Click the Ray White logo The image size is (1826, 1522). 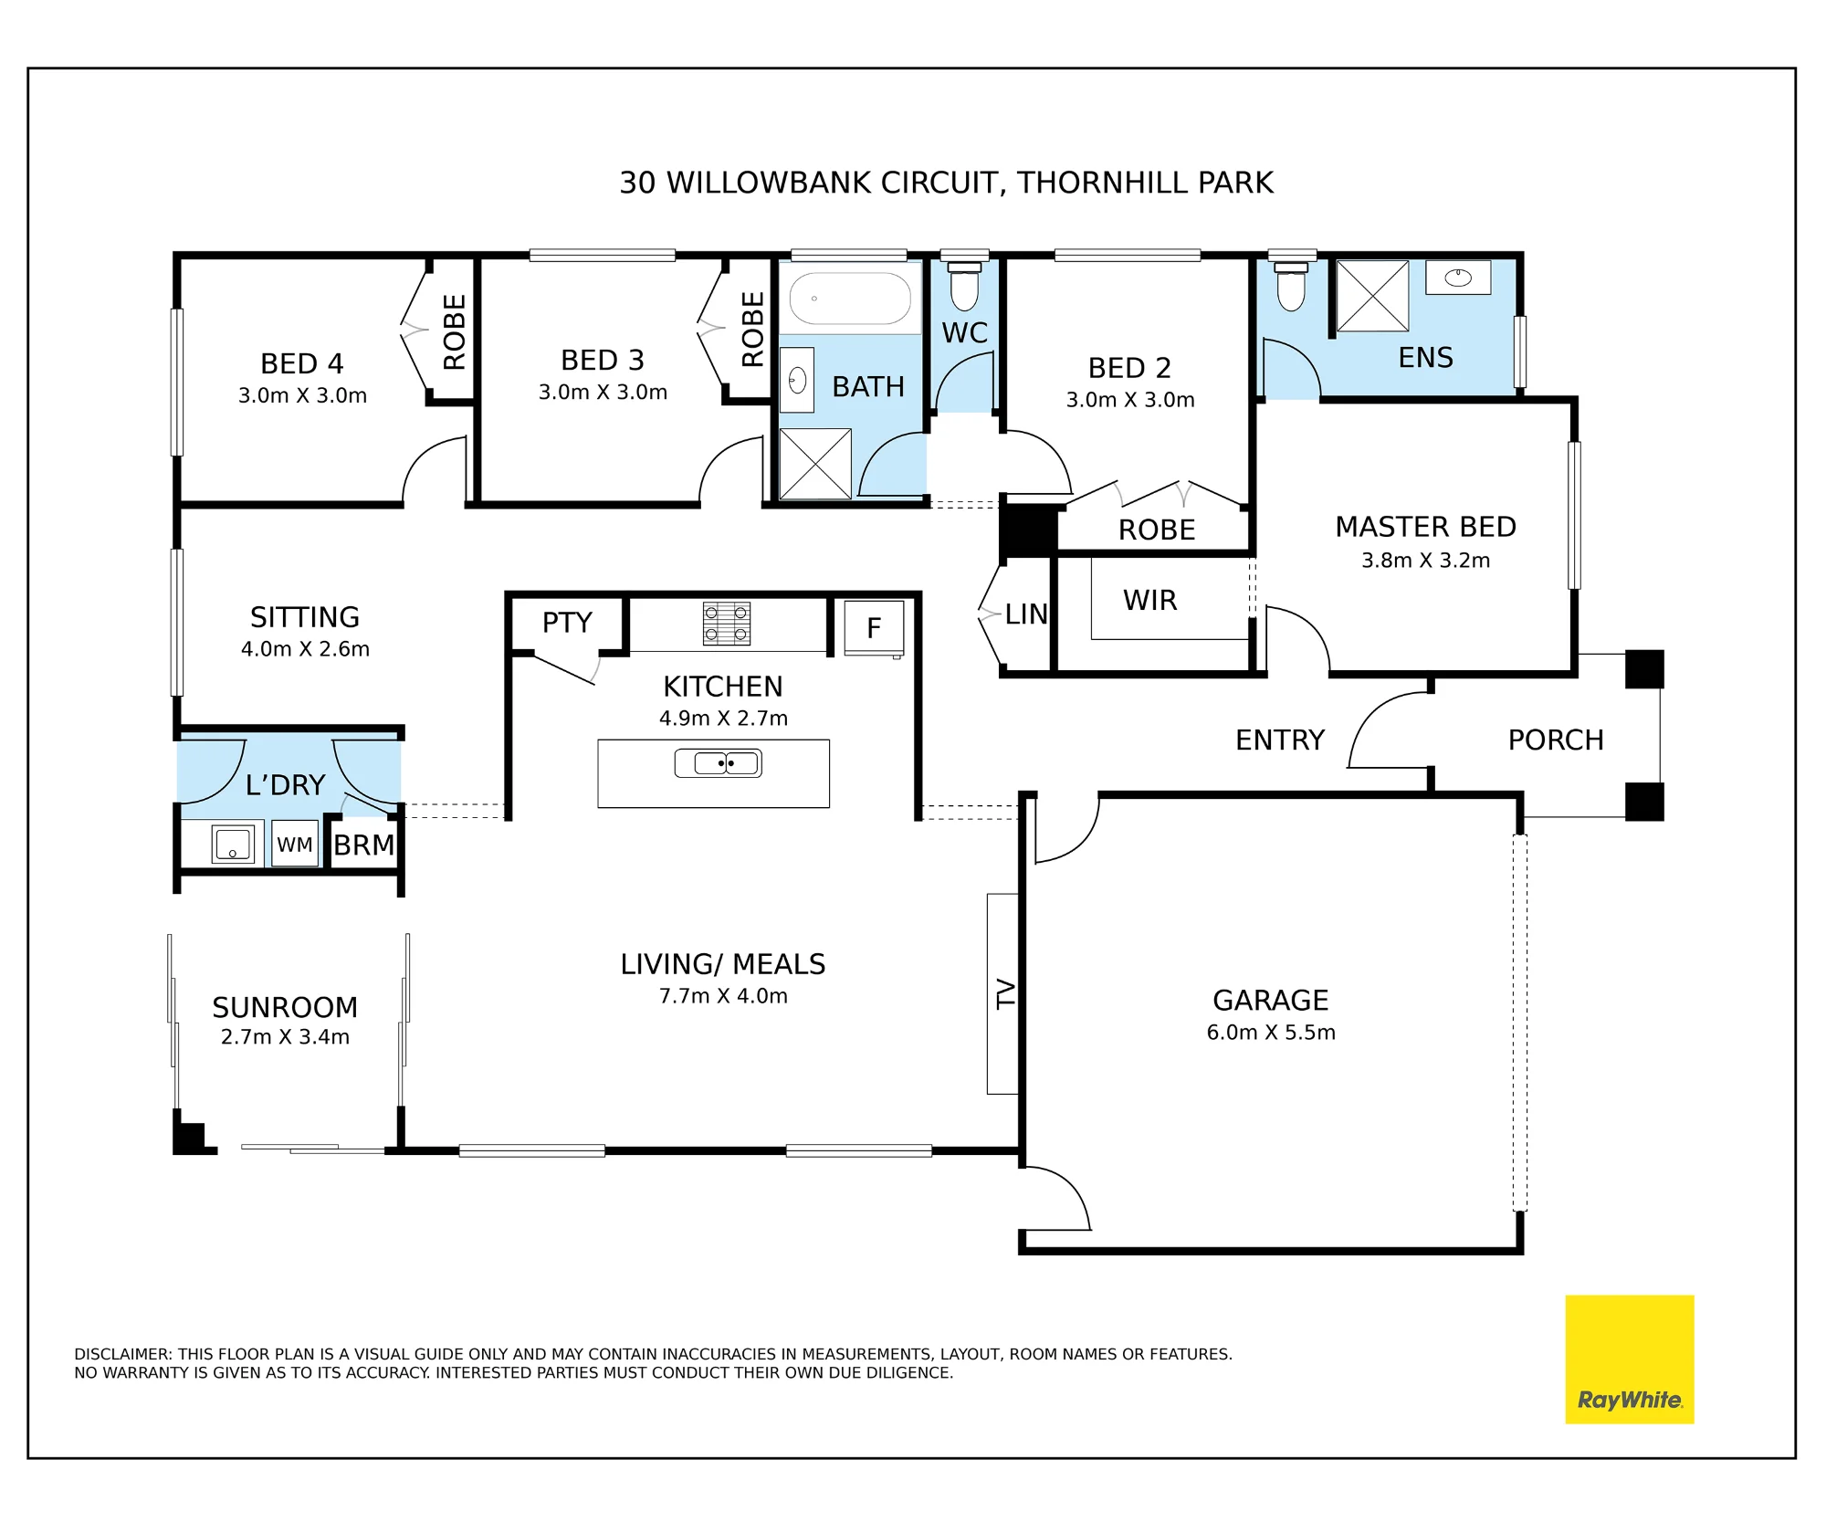point(1630,1359)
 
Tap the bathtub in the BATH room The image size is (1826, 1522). point(850,299)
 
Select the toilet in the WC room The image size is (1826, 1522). point(964,286)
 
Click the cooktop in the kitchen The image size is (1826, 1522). point(727,625)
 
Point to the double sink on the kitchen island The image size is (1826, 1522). point(719,762)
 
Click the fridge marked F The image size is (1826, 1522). point(874,627)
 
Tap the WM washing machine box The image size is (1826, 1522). point(295,845)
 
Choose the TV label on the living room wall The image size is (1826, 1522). point(1005,993)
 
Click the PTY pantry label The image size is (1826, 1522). point(567,623)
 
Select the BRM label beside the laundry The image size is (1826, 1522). point(363,845)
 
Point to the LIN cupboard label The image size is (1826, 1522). point(1026,614)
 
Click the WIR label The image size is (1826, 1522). point(1149,600)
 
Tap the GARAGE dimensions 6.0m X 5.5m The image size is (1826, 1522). point(1271,1032)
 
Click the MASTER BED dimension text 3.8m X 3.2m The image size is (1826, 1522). point(1425,560)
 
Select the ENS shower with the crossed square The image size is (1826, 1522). point(1372,296)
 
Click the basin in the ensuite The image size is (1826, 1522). point(1458,278)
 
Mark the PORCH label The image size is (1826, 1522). point(1556,740)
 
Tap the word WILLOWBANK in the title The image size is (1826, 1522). point(769,183)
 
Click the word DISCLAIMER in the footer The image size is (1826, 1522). point(122,1354)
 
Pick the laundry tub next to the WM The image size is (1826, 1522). point(233,844)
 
